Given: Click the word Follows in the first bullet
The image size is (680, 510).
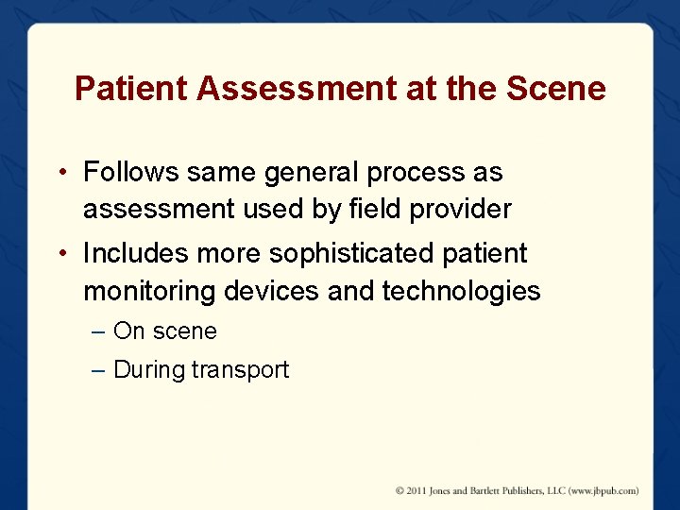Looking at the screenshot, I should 133,173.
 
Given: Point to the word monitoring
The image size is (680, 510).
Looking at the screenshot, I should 150,291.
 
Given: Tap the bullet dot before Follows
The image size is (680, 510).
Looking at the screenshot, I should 59,174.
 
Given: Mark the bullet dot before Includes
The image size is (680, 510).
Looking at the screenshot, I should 59,254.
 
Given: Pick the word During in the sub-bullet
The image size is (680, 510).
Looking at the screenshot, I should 148,369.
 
